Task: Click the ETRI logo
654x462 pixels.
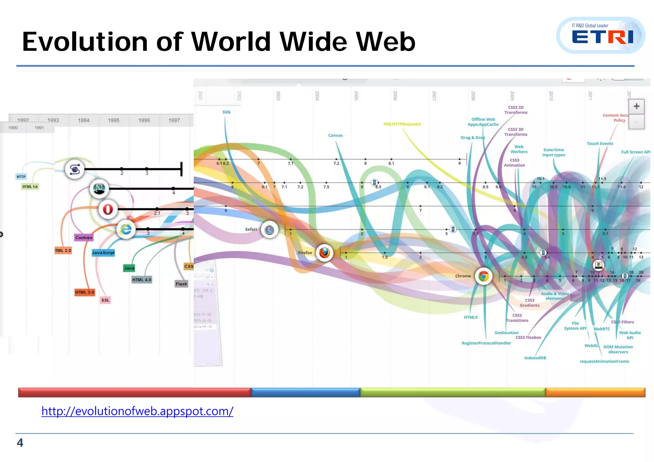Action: click(601, 35)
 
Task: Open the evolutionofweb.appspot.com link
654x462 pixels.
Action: click(137, 411)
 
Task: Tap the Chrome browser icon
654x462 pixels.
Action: click(483, 276)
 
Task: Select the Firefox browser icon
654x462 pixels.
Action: click(324, 253)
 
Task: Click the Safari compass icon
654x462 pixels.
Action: click(269, 230)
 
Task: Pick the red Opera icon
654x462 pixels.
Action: click(108, 209)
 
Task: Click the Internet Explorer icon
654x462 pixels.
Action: click(126, 229)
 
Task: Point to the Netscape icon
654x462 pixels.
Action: click(99, 189)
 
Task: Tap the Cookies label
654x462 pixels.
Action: click(84, 238)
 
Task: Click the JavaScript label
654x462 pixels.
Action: click(103, 253)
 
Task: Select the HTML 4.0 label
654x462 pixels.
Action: click(142, 280)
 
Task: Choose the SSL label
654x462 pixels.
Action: click(105, 300)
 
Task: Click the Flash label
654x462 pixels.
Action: click(181, 284)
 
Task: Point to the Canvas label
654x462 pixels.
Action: click(335, 136)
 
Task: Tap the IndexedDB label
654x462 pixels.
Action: click(535, 358)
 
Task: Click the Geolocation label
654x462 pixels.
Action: click(506, 333)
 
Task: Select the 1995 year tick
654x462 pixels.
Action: click(114, 121)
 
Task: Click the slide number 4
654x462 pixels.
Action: click(20, 443)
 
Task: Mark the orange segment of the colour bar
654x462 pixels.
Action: click(595, 392)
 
